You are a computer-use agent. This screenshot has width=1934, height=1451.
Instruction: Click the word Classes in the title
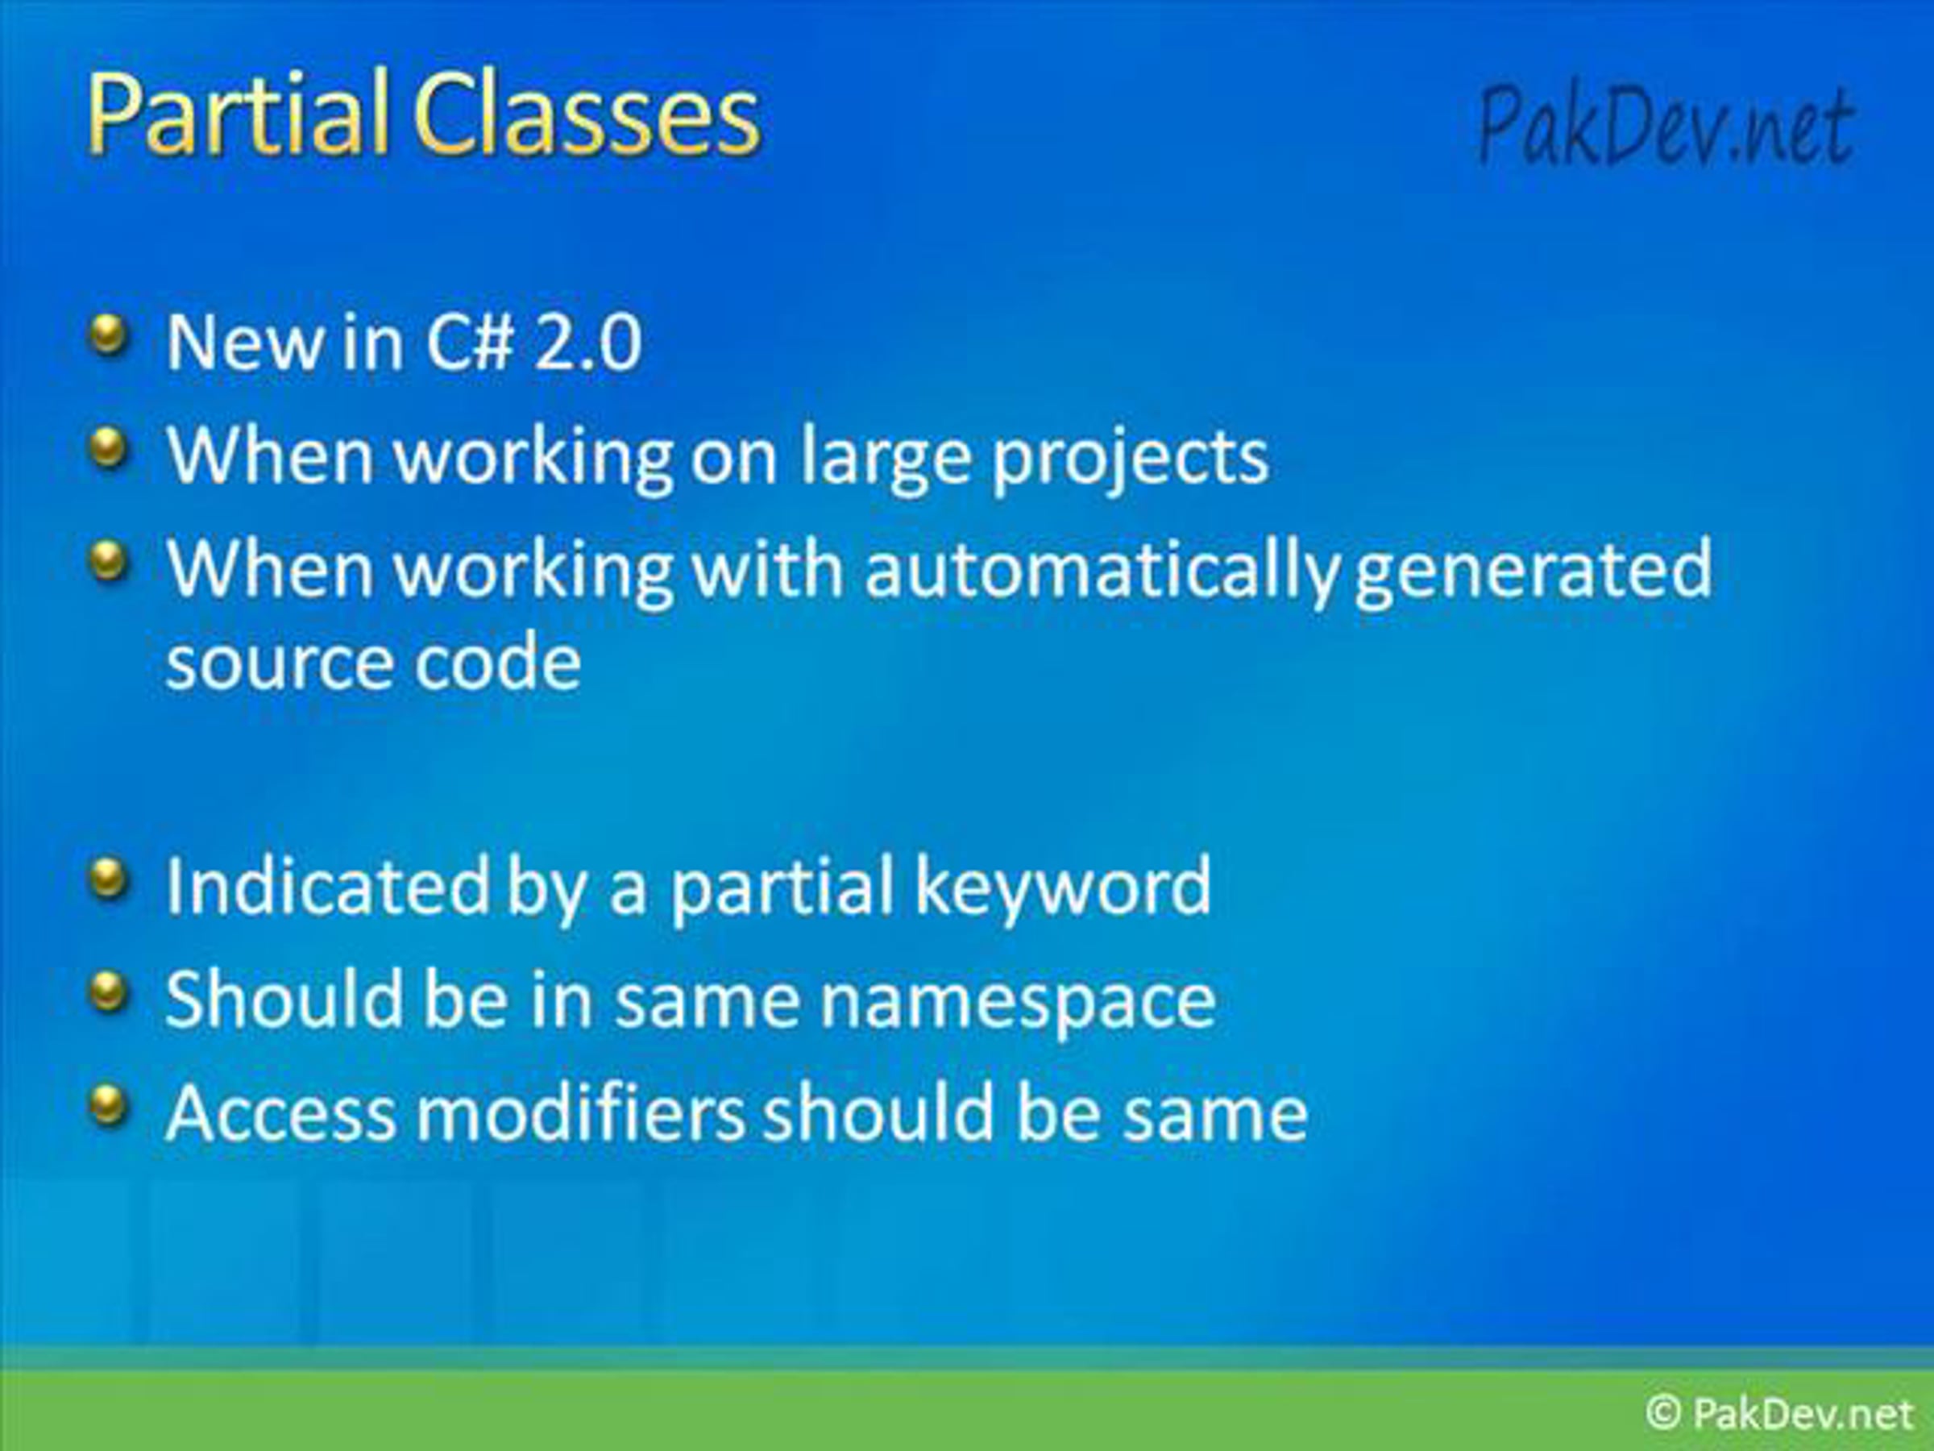click(x=587, y=114)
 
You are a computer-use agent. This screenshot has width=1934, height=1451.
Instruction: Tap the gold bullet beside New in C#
click(x=109, y=337)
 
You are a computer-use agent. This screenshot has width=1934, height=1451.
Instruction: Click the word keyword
click(x=1062, y=887)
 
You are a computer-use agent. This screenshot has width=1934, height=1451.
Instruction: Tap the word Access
click(x=280, y=1112)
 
